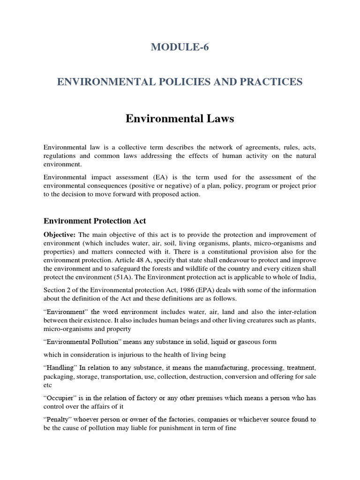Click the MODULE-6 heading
click(180, 47)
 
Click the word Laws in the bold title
click(218, 119)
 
